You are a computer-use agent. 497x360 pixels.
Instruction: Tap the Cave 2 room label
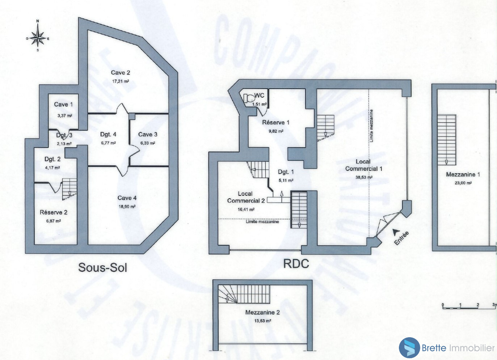point(120,73)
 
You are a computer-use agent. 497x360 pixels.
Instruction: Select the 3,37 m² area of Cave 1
point(64,116)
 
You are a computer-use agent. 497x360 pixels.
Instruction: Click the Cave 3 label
point(148,135)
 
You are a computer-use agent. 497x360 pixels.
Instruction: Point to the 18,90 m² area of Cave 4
point(127,207)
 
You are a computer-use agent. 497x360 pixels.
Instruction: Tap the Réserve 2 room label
point(54,212)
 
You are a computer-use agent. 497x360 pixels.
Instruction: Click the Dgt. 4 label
point(108,135)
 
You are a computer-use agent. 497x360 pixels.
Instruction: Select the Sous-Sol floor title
point(103,268)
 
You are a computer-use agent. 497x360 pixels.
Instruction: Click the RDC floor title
point(296,264)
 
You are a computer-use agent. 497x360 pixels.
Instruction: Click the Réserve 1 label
point(276,123)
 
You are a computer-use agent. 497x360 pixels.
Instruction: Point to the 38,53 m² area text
point(364,177)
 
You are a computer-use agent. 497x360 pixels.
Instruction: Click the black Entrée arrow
point(397,232)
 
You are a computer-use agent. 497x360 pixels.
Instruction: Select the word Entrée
point(402,238)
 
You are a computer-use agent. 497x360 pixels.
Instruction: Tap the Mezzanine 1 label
point(463,174)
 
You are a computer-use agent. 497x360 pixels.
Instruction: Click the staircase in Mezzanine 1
point(446,140)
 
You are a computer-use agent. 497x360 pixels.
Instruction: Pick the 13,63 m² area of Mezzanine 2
point(262,321)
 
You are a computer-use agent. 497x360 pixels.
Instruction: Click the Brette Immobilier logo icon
point(409,348)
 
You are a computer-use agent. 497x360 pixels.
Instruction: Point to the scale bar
point(469,307)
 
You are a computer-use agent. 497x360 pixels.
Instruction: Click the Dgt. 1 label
point(286,172)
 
